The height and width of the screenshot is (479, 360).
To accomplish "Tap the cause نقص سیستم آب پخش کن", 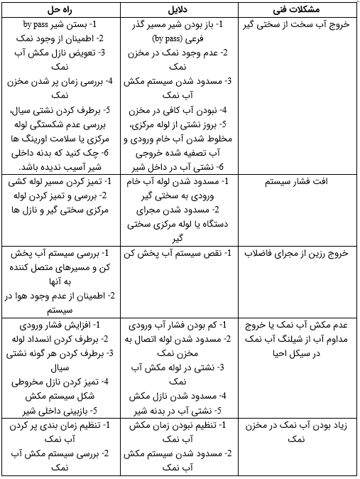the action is [x=182, y=253].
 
